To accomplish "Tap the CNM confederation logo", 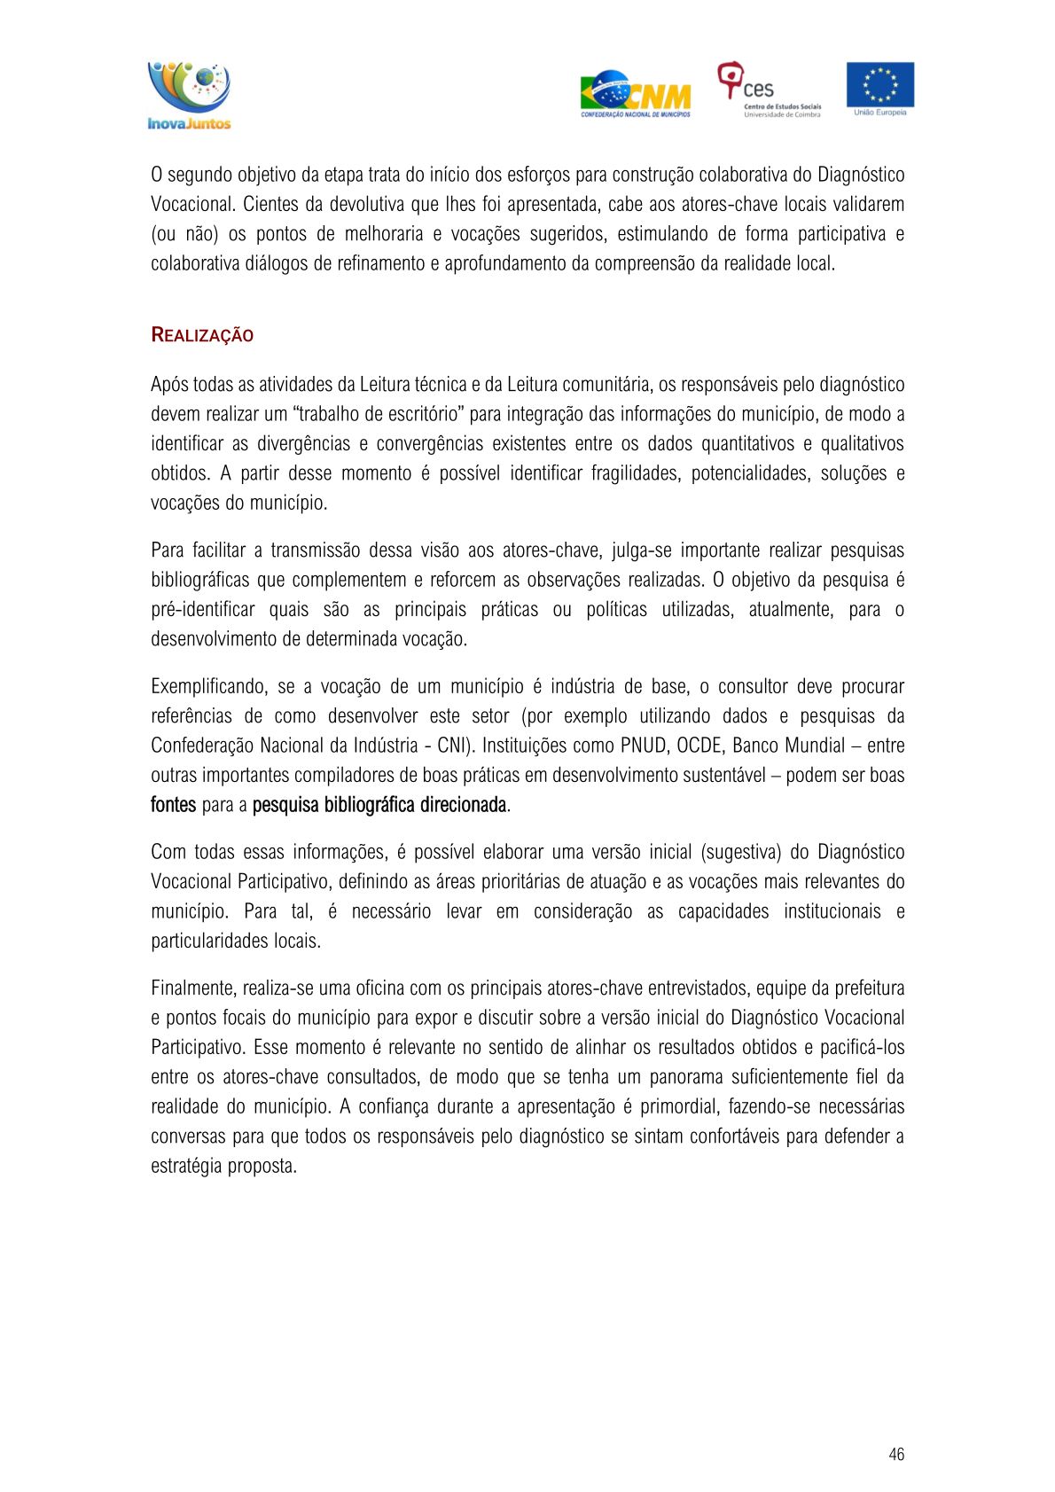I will coord(635,94).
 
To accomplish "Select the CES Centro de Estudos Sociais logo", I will coord(768,90).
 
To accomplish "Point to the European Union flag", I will coord(879,86).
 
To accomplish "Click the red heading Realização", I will coord(202,335).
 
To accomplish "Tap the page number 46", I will coord(896,1454).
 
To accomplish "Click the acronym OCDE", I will coord(700,746).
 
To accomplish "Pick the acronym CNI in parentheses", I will coord(451,746).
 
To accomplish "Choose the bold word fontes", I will coord(173,805).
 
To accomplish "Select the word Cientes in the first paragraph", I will coord(270,204).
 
